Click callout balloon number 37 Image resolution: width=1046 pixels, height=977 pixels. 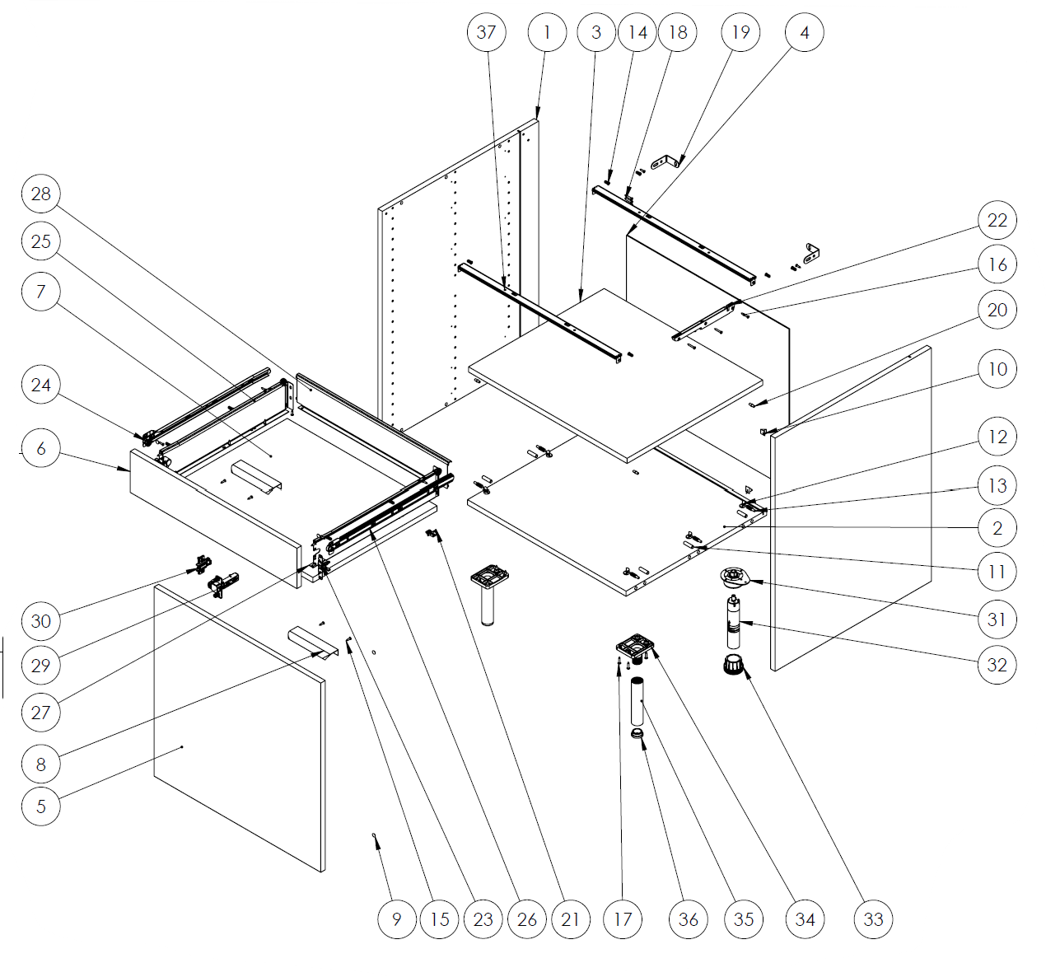(487, 32)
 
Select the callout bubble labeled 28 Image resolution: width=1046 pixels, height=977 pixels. (40, 194)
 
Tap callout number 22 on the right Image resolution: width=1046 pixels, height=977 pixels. (997, 220)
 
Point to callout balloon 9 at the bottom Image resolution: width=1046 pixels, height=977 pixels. (397, 919)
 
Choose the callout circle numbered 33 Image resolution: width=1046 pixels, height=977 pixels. (874, 919)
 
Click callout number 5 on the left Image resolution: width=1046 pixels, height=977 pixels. (40, 806)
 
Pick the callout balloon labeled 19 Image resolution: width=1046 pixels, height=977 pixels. (740, 32)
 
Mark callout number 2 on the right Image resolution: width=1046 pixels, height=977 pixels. (997, 528)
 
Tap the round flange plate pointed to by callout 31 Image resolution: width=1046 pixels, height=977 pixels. (732, 576)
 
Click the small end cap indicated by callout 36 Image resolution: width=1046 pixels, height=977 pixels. (637, 733)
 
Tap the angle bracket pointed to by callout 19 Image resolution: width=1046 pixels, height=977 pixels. (666, 161)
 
